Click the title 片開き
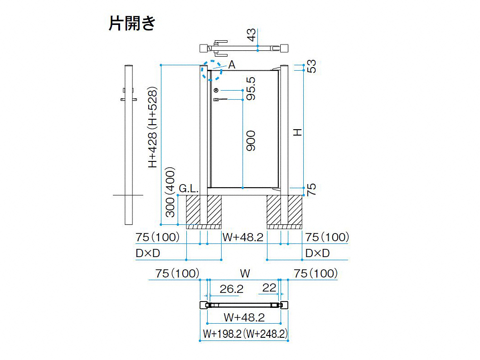(132, 23)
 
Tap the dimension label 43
(251, 34)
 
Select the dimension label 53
(311, 66)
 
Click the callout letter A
(232, 64)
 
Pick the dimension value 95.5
(251, 88)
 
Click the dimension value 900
(251, 141)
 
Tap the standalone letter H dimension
(297, 132)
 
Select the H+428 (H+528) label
(152, 127)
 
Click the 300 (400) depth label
(170, 192)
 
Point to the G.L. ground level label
(189, 188)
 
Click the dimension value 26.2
(232, 289)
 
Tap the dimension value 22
(269, 288)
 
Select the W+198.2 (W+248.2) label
(245, 334)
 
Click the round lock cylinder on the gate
(216, 90)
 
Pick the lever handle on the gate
(220, 99)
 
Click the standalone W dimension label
(245, 273)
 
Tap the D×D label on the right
(317, 253)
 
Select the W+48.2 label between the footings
(243, 237)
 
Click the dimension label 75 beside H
(311, 190)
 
